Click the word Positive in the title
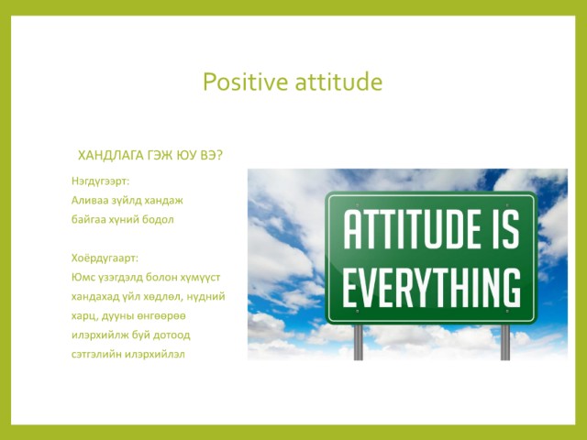coord(246,82)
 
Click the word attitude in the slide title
coord(338,82)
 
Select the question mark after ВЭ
coord(219,155)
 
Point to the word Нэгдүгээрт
coord(100,181)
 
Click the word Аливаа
coord(89,201)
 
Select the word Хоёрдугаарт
coord(105,258)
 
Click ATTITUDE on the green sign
coord(412,229)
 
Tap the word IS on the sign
coord(505,229)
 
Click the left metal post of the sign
coord(359,342)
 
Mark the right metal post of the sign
coord(505,342)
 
